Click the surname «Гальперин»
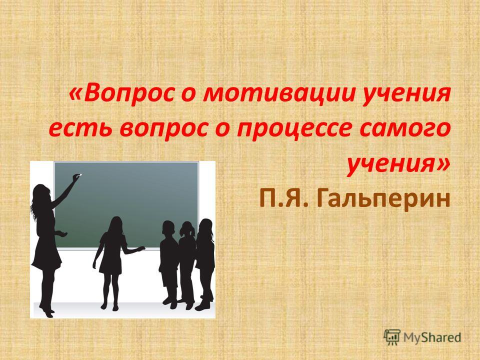coord(385,199)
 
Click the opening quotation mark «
coord(76,94)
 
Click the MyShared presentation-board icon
coord(392,337)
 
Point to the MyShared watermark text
coord(432,337)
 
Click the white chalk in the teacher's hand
coord(80,175)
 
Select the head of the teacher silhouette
coord(41,193)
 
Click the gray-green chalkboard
coord(126,205)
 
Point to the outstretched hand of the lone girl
coord(141,248)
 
